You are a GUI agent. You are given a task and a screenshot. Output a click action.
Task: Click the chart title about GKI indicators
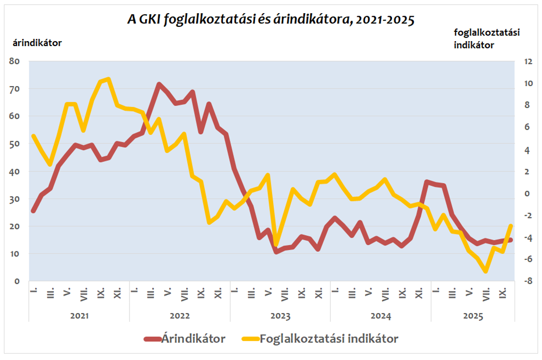(270, 20)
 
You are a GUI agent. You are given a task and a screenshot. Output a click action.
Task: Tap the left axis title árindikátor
(37, 43)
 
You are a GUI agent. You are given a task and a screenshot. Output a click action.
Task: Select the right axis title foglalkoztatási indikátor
(486, 38)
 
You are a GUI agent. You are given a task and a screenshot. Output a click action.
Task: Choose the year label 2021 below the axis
(79, 316)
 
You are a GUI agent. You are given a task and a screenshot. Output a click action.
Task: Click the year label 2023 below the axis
(280, 316)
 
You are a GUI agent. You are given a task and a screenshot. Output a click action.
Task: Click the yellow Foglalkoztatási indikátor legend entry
(320, 338)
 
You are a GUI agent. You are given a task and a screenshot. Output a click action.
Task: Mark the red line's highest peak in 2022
(159, 84)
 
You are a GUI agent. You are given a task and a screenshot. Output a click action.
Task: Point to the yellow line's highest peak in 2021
(108, 79)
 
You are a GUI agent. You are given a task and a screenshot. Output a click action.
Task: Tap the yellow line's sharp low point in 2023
(276, 245)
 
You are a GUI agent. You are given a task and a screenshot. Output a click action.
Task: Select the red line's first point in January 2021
(33, 211)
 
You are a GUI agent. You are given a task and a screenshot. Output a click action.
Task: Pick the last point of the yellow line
(511, 225)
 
